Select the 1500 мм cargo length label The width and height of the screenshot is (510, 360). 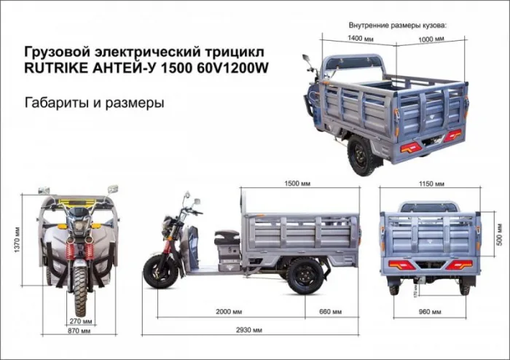pos(300,183)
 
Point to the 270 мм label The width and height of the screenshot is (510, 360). pos(81,320)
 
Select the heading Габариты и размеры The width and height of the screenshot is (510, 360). pos(94,103)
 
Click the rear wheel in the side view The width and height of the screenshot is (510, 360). pos(304,274)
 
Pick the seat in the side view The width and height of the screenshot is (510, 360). pos(226,237)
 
